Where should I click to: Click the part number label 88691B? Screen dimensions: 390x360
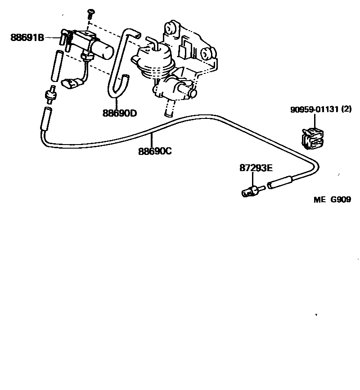click(x=27, y=38)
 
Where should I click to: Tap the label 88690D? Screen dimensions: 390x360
click(x=119, y=113)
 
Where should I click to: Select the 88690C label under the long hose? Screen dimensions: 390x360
click(x=155, y=152)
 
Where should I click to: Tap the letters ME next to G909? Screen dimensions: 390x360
click(x=319, y=200)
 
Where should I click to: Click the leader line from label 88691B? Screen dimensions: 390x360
click(x=52, y=38)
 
